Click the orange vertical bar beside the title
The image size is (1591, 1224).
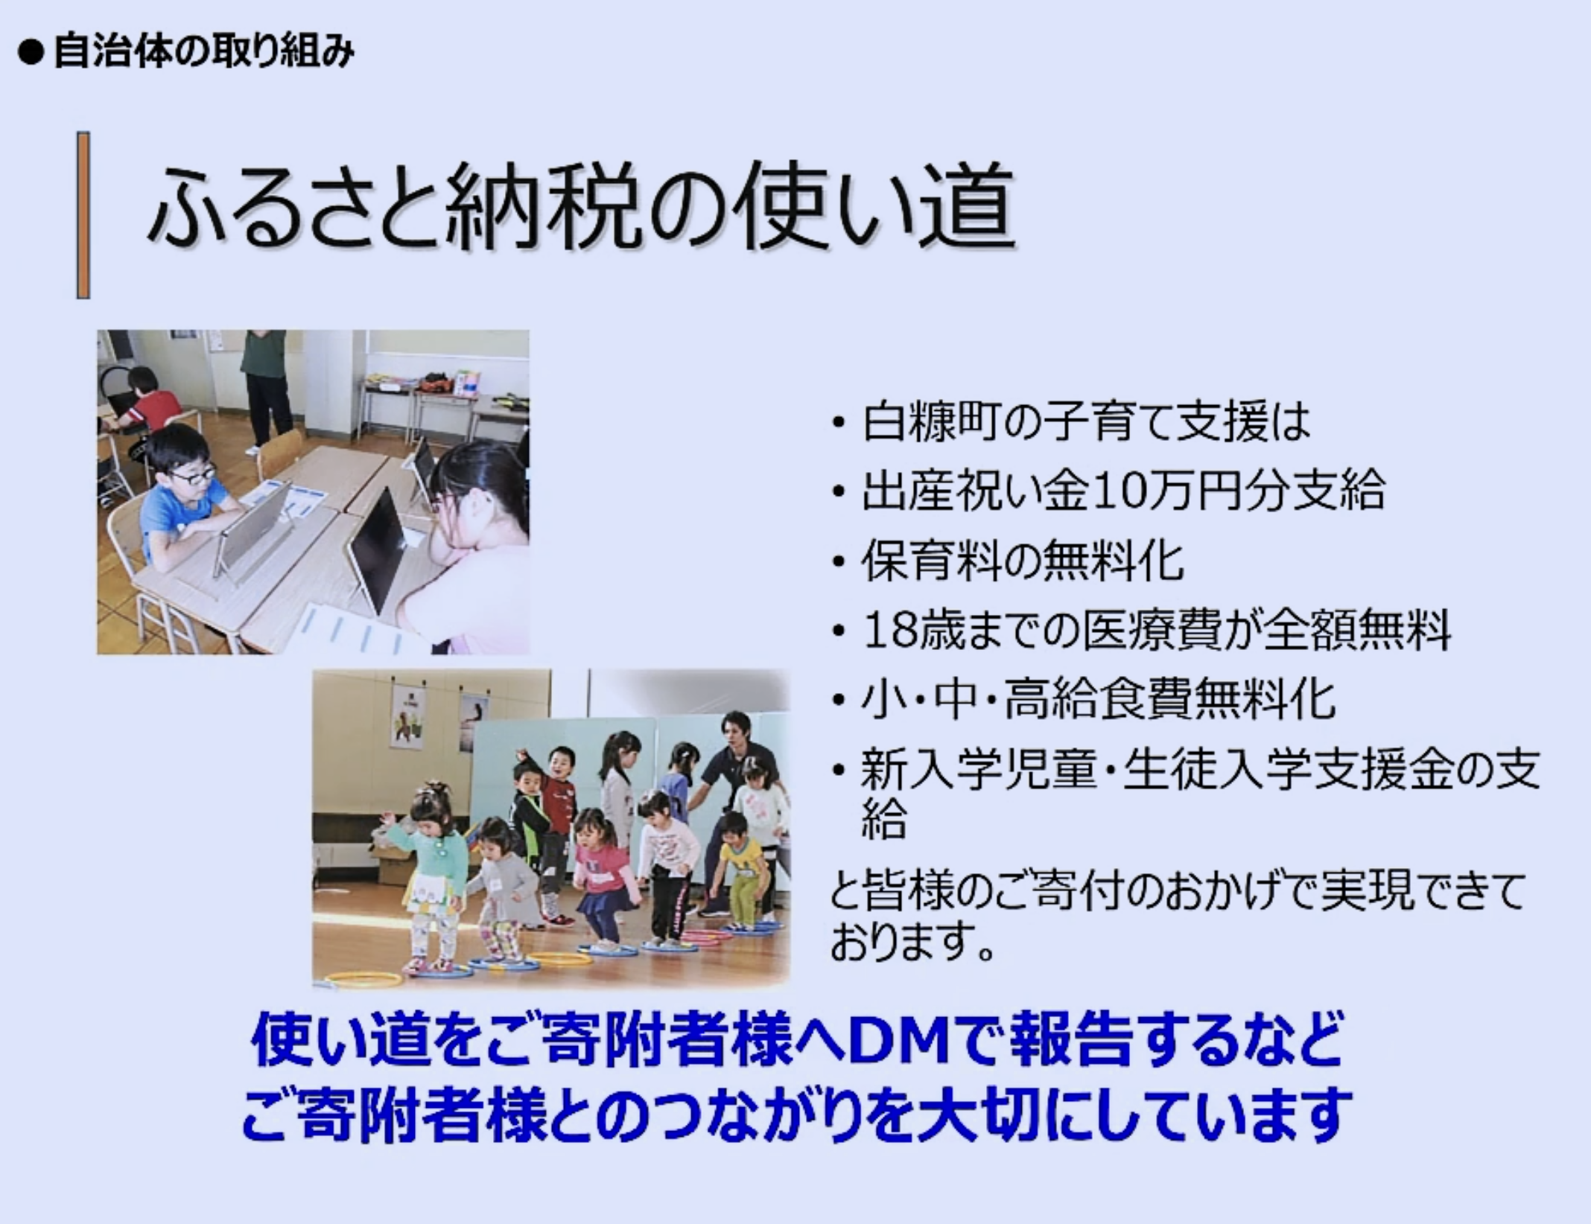83,215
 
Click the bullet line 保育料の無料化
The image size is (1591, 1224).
1022,561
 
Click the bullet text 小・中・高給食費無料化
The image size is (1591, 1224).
1098,700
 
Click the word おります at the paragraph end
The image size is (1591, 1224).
904,941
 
